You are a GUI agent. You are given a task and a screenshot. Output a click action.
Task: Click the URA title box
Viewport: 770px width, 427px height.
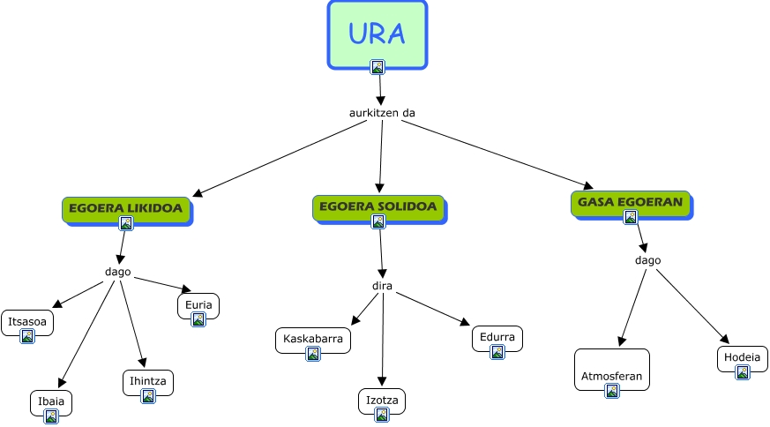pos(377,34)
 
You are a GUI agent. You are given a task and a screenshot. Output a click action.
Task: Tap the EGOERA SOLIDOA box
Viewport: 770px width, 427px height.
pos(378,207)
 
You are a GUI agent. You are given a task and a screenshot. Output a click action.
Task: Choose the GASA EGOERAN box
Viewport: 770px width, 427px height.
pos(630,203)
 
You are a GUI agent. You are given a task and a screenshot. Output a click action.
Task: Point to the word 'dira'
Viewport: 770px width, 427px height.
pos(382,286)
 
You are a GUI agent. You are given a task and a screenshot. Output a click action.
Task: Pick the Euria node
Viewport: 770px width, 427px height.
pos(198,306)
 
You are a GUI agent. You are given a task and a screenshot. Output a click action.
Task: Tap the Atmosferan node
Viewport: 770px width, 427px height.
pos(611,371)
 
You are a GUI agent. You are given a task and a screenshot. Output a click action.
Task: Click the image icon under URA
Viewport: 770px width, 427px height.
pos(378,66)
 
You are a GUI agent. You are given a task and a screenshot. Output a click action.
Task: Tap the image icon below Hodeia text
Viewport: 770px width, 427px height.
pos(743,372)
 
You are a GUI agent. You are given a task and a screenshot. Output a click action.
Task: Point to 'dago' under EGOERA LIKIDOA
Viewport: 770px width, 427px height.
pos(117,272)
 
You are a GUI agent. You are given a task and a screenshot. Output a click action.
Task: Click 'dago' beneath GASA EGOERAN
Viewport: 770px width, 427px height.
pos(647,260)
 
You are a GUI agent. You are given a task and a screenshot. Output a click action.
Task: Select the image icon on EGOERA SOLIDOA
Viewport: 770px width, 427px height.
pos(378,221)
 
